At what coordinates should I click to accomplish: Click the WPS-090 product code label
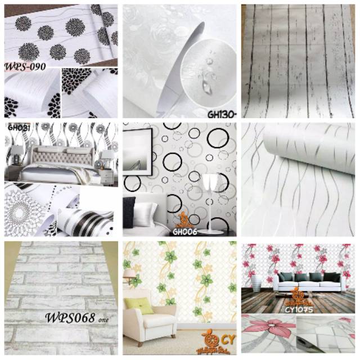coord(25,66)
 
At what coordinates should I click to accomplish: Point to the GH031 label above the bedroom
coord(18,127)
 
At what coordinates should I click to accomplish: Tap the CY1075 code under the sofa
coord(298,308)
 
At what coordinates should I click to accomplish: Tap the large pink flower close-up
coord(272,331)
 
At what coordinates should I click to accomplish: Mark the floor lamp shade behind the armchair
coord(129,273)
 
